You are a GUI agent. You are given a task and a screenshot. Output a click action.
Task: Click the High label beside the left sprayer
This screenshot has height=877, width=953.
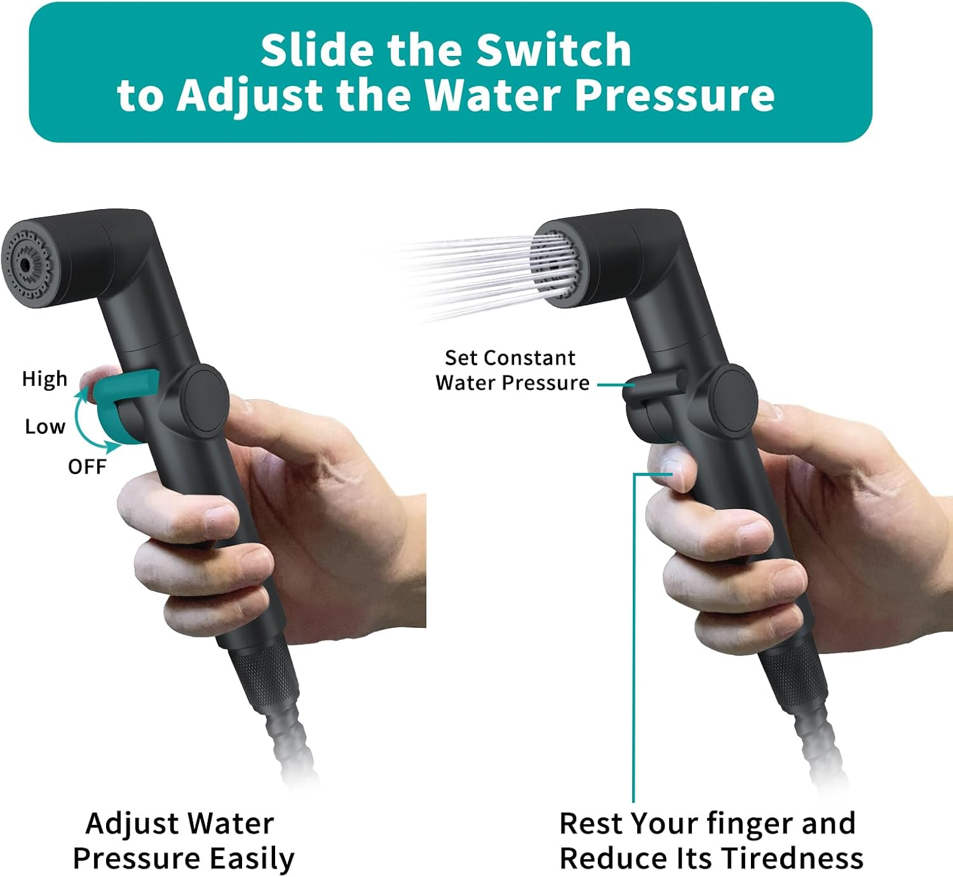click(44, 379)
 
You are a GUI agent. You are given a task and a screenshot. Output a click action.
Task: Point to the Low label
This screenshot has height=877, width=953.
click(45, 426)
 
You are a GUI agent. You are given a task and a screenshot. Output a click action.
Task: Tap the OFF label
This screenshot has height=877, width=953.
click(87, 467)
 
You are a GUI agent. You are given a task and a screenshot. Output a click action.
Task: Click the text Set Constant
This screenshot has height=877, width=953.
click(510, 358)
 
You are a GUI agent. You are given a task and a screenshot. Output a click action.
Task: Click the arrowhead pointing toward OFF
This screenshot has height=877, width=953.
click(114, 447)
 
